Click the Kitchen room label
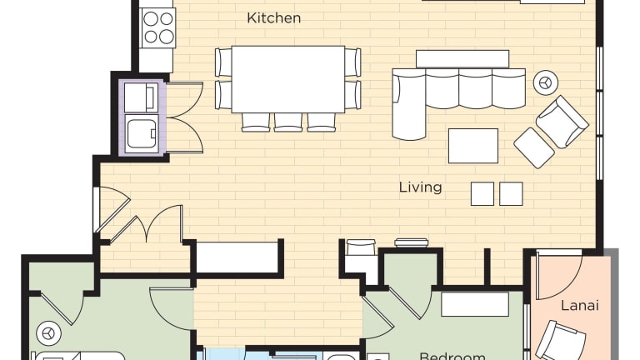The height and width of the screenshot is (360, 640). coord(274,18)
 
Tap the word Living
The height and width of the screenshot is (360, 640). coord(420,187)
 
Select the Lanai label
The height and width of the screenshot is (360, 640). coord(580,305)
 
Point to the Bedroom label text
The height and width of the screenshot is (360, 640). coord(452,356)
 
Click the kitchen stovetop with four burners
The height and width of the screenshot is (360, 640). coord(158,27)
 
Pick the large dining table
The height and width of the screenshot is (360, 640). coord(288,79)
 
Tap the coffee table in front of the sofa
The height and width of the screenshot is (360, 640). coord(473,146)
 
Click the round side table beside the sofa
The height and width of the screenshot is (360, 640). coord(546,82)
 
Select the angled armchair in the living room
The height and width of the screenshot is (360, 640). coord(562,122)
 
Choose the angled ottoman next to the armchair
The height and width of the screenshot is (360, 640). coord(534,147)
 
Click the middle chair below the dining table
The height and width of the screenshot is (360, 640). coord(288,122)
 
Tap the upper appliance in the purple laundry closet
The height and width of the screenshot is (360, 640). coord(141,97)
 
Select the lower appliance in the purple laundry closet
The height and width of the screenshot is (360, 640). coord(141,134)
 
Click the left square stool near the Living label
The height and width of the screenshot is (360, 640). coord(482,193)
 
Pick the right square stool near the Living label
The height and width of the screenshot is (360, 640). coord(511,193)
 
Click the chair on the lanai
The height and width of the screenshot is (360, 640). coord(560,341)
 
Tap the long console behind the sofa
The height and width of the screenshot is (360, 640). coord(462,59)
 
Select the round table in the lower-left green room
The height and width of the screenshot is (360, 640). coord(49,333)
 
